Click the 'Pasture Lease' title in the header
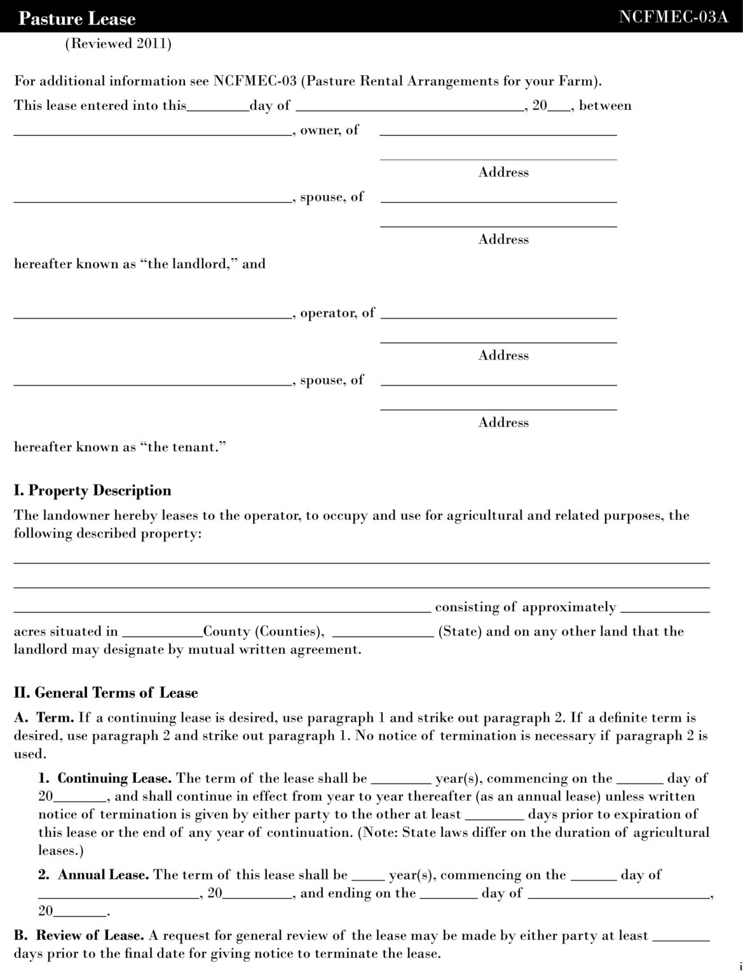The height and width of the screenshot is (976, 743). (77, 18)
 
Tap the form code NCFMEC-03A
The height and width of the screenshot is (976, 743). (673, 17)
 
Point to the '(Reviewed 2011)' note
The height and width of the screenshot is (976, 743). (118, 44)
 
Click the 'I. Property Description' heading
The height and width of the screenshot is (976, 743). (93, 491)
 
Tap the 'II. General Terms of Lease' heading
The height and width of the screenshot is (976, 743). (106, 693)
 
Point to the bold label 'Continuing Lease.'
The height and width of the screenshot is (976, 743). (114, 778)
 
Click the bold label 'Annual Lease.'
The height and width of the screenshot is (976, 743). (104, 875)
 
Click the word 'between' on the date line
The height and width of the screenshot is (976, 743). (605, 105)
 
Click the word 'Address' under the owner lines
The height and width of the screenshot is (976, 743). (503, 172)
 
